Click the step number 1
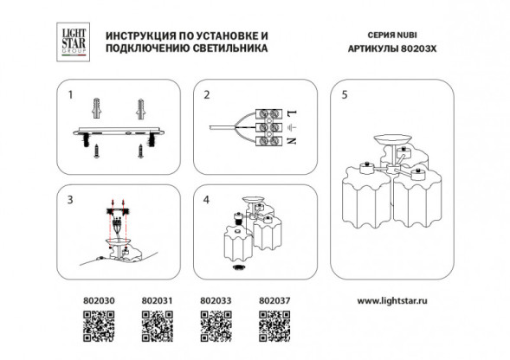coord(72,94)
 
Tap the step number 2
coord(207,94)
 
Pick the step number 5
coord(344,94)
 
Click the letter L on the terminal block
coord(292,114)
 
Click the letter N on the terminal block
coord(292,140)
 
